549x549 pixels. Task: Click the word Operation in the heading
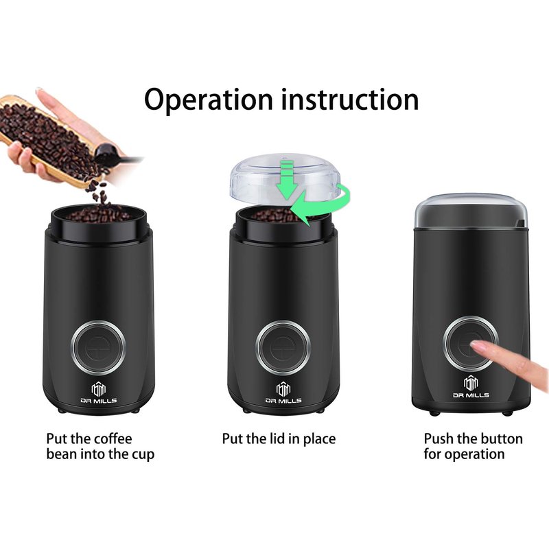click(209, 100)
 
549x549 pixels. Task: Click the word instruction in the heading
click(350, 99)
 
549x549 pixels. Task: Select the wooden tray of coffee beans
click(49, 137)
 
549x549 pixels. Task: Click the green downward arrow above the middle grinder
click(286, 179)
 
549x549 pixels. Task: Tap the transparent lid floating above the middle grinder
click(285, 178)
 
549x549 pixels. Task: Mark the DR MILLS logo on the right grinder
click(471, 387)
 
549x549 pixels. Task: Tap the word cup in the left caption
click(143, 455)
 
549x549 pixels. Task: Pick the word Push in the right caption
click(439, 439)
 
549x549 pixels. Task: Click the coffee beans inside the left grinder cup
click(99, 214)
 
